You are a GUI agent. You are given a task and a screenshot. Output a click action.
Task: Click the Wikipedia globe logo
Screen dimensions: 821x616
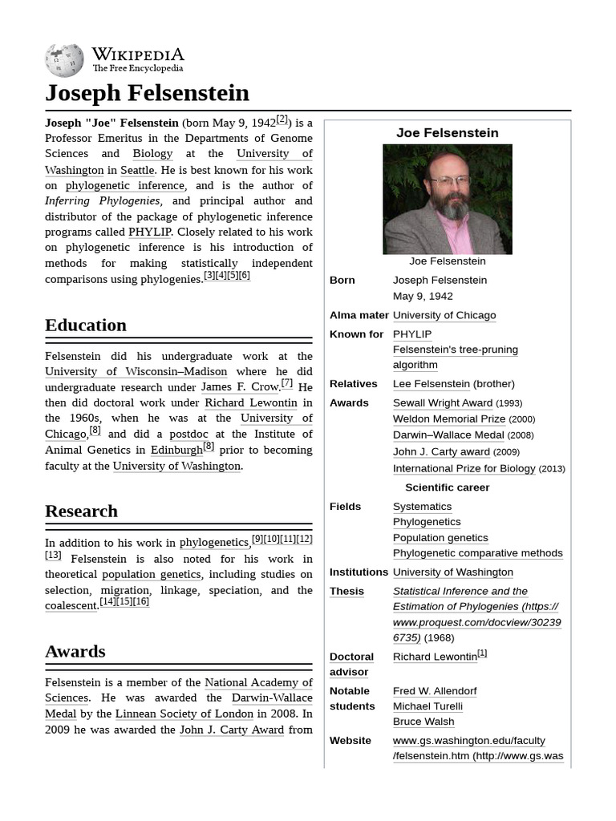[64, 60]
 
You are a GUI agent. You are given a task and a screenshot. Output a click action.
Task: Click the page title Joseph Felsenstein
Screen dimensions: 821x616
[147, 93]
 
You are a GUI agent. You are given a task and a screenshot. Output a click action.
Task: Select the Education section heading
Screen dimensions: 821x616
[86, 326]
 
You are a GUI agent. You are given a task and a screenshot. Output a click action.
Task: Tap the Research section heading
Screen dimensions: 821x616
[81, 512]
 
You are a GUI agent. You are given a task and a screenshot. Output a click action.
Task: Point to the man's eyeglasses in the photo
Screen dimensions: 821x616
[450, 180]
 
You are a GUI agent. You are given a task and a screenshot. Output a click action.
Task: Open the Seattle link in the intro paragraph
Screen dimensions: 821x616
[137, 170]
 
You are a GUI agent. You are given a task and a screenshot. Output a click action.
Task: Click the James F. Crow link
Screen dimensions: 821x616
[239, 387]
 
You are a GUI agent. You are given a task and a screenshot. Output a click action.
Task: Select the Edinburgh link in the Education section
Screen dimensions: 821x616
[176, 450]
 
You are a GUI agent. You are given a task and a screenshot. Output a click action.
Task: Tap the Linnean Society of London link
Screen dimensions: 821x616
[184, 714]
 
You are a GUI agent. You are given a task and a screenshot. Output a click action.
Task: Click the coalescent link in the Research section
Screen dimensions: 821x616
[71, 606]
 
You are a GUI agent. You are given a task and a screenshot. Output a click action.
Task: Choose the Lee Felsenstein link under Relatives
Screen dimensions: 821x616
[431, 384]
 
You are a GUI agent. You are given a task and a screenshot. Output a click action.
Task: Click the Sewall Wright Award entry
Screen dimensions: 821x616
[442, 403]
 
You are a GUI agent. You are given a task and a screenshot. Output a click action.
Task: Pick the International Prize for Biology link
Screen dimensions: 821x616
[464, 469]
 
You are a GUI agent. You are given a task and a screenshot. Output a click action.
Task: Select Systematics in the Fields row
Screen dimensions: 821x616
[422, 507]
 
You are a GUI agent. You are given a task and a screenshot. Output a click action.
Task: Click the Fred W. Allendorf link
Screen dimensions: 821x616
[434, 691]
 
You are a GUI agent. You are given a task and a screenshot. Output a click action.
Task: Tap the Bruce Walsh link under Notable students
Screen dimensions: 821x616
[423, 722]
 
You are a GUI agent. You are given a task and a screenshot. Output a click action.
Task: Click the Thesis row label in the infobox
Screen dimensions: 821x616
[346, 592]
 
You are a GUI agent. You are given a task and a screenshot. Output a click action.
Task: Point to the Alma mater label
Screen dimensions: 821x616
[359, 316]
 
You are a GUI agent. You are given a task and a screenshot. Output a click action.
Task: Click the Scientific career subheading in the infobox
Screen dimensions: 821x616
[447, 487]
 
